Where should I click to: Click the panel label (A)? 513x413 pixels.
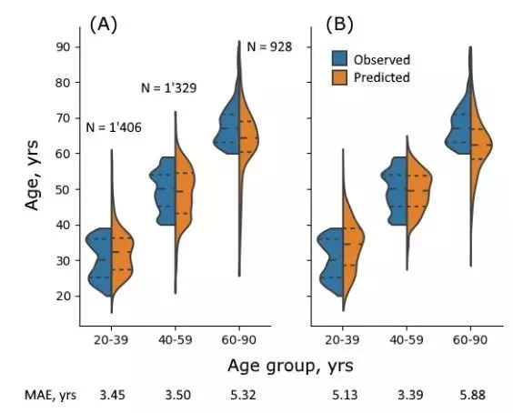[x=103, y=25]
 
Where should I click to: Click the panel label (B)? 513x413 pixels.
[x=339, y=25]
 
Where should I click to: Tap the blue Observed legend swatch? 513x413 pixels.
[x=339, y=58]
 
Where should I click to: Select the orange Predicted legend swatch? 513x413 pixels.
[x=339, y=77]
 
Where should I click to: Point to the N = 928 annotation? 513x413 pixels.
[x=269, y=47]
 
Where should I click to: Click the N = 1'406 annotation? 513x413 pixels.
[x=114, y=127]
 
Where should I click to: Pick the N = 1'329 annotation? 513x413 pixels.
[x=169, y=88]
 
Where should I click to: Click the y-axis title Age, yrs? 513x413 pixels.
[x=32, y=175]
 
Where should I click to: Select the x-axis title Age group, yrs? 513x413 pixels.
[x=290, y=366]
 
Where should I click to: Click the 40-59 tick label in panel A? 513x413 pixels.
[x=176, y=340]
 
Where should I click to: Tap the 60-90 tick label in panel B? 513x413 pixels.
[x=470, y=340]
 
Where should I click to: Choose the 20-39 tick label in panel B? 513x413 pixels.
[x=342, y=340]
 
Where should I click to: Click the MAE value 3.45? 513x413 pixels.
[x=112, y=396]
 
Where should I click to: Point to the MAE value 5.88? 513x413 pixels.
[x=473, y=396]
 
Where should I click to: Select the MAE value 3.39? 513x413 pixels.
[x=410, y=396]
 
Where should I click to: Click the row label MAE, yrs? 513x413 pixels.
[x=50, y=396]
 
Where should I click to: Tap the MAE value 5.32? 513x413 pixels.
[x=243, y=396]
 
